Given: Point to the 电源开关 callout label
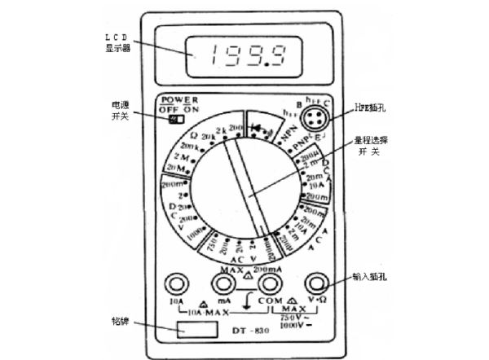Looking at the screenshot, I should tap(120, 112).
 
